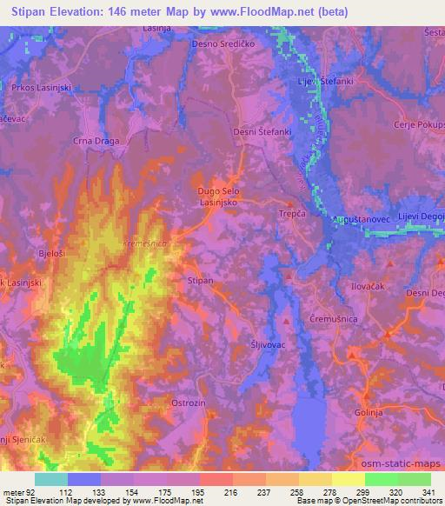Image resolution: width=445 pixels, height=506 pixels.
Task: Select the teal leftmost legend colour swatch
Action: pyautogui.click(x=51, y=479)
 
